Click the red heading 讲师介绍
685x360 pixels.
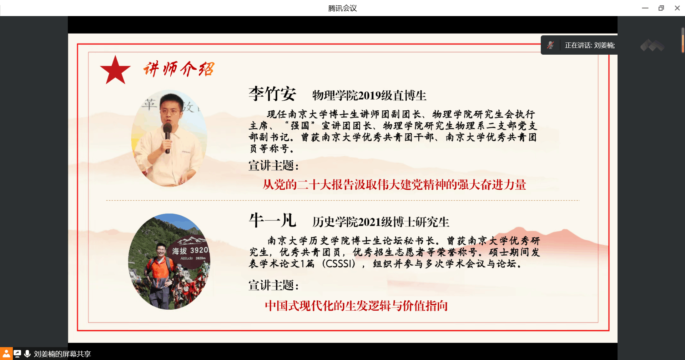[x=179, y=69]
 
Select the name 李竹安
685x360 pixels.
[x=272, y=94]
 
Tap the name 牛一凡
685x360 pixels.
[x=272, y=220]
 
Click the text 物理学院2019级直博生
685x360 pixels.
[x=369, y=96]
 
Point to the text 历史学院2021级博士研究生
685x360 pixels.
[x=381, y=222]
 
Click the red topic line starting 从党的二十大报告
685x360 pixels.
[x=394, y=185]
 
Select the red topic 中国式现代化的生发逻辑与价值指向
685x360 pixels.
[x=356, y=306]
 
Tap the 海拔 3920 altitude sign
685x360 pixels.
[x=190, y=251]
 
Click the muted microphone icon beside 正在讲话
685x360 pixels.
[x=550, y=45]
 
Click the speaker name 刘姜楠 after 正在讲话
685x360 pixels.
[x=604, y=45]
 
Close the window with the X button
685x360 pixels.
[x=677, y=8]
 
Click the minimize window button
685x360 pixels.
[x=645, y=8]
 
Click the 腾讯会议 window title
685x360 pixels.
[x=342, y=8]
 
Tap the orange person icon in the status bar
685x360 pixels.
[x=6, y=354]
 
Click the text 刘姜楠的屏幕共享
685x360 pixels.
[x=62, y=354]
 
